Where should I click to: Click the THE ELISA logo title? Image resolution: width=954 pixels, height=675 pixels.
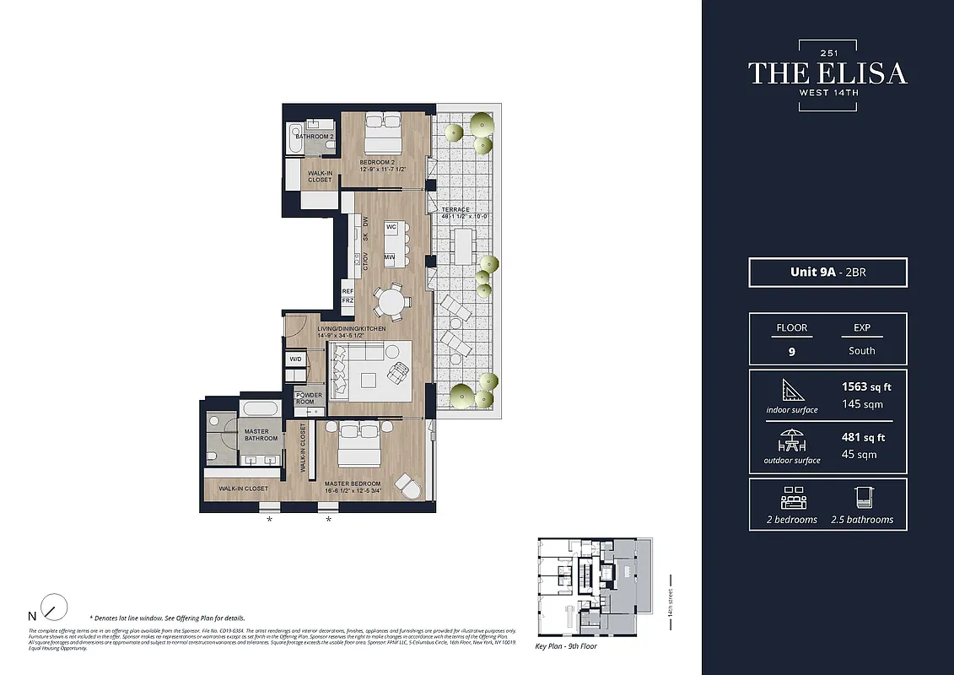click(x=827, y=73)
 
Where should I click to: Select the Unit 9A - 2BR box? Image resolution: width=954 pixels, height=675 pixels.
click(x=827, y=273)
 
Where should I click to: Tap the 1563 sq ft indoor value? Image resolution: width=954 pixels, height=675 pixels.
click(x=865, y=387)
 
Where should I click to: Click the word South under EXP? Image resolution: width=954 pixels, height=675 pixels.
click(x=861, y=350)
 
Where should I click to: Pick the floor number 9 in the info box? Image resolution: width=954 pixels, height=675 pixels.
click(x=791, y=352)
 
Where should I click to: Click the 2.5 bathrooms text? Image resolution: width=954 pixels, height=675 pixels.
click(x=861, y=519)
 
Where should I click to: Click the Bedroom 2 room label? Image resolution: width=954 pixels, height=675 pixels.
click(x=378, y=161)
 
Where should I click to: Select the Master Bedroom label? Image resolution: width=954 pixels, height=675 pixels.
click(x=353, y=484)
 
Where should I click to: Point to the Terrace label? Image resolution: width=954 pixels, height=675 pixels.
click(x=455, y=209)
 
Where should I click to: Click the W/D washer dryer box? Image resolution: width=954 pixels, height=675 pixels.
click(x=295, y=359)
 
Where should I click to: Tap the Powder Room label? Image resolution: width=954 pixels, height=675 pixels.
click(x=309, y=398)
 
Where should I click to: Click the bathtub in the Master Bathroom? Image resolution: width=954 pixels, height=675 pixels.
click(x=260, y=409)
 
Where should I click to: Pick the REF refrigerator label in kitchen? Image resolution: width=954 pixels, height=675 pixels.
click(x=348, y=291)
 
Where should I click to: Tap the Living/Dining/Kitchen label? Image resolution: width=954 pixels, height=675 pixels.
click(x=352, y=328)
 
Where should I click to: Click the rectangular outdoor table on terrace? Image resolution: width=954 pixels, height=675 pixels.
click(x=463, y=246)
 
